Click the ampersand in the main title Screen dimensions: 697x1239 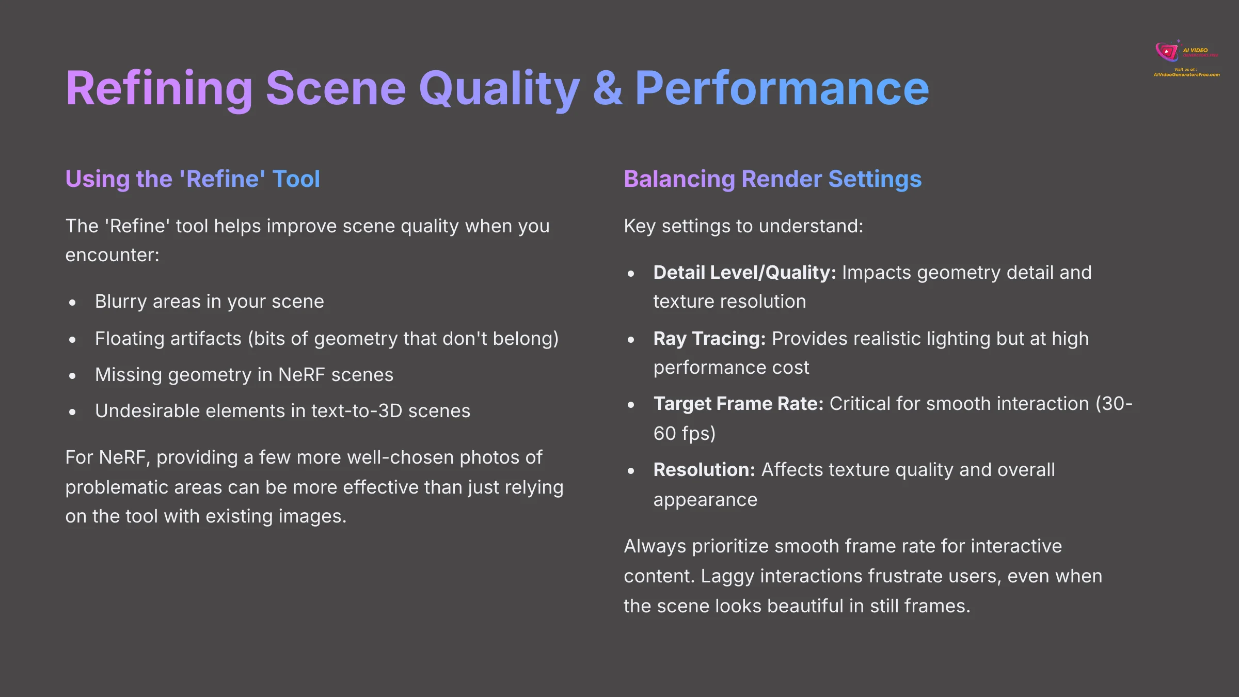point(607,89)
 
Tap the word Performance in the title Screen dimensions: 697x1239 point(782,89)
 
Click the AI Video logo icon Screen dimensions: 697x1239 point(1167,51)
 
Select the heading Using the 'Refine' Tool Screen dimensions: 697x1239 point(193,179)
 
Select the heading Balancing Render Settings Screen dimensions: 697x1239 point(772,179)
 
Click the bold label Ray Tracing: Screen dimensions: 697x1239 point(709,339)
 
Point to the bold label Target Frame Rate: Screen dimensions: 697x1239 point(738,404)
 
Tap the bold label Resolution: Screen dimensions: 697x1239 point(704,470)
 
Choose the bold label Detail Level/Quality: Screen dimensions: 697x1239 point(744,273)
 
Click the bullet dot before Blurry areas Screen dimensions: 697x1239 point(72,303)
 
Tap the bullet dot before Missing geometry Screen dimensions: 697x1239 point(72,376)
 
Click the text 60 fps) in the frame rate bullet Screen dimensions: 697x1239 point(685,434)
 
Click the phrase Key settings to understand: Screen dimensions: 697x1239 point(743,226)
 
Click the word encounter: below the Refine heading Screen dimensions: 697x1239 point(112,255)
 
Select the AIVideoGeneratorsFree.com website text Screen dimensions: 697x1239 point(1186,75)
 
